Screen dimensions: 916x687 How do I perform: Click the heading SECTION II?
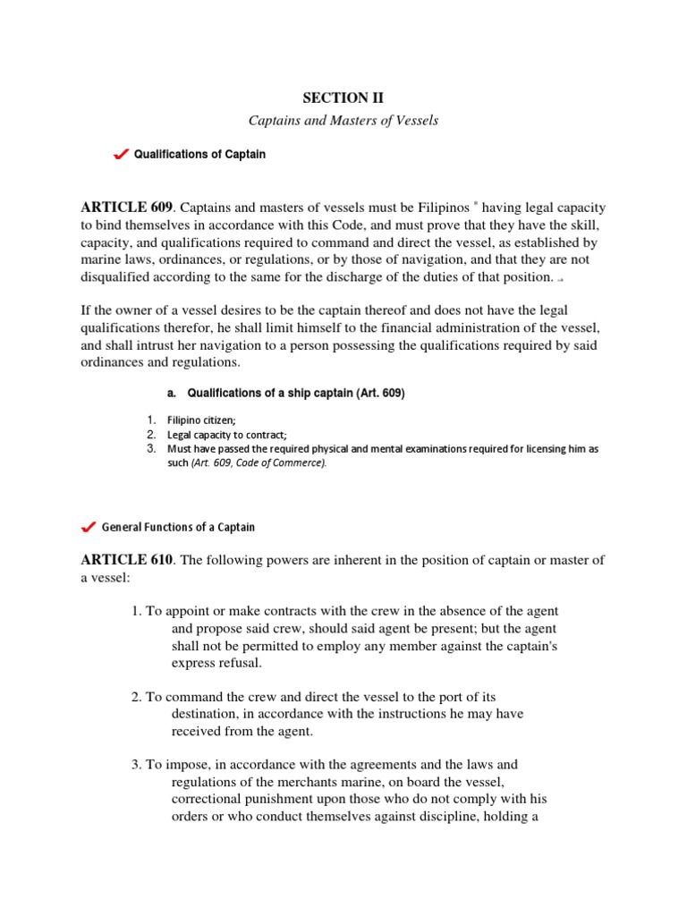[x=343, y=98]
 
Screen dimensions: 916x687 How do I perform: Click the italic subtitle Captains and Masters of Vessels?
[x=343, y=121]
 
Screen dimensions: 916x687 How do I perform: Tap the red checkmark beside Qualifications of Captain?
[x=122, y=156]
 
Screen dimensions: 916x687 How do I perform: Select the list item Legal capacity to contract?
[x=221, y=434]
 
